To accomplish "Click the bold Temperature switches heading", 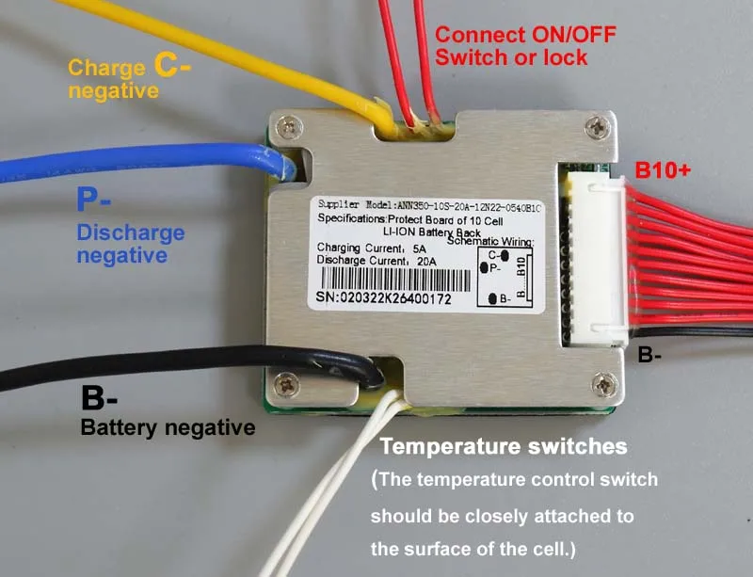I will [x=503, y=444].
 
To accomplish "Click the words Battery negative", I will [x=168, y=427].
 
